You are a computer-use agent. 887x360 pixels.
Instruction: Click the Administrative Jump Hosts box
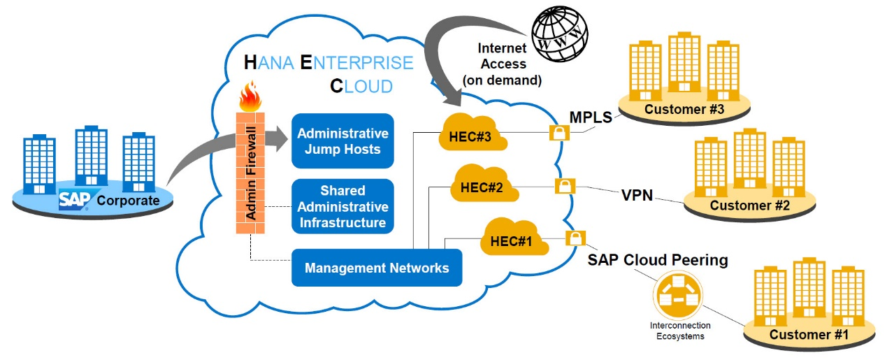click(342, 141)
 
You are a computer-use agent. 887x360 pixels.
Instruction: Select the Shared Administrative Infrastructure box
click(342, 206)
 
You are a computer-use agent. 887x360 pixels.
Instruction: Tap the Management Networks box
click(377, 268)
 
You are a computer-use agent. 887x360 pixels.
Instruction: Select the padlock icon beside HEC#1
click(575, 238)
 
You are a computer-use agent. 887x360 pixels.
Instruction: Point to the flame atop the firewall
click(250, 97)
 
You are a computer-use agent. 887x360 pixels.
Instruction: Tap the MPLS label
click(592, 116)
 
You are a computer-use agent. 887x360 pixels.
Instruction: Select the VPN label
click(637, 195)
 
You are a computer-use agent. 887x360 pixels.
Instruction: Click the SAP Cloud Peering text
click(657, 260)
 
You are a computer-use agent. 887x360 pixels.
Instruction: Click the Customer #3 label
click(684, 110)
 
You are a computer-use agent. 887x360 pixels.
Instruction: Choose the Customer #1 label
click(809, 335)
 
